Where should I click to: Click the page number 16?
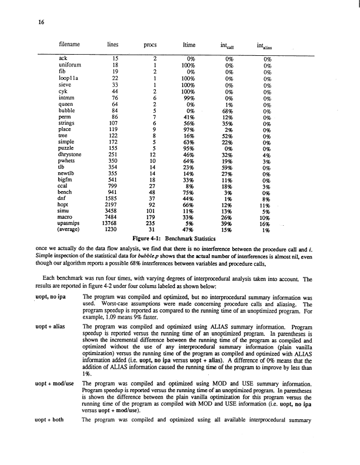coord(41,22)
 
